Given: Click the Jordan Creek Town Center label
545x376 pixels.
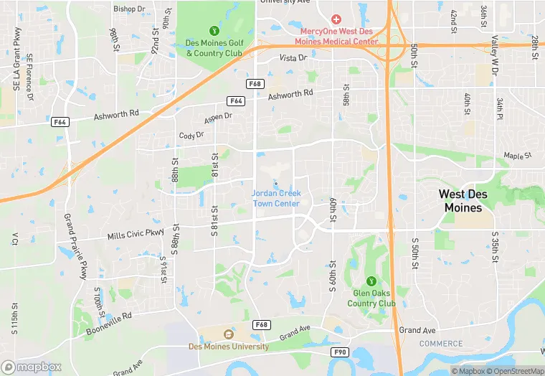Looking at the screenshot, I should pos(276,198).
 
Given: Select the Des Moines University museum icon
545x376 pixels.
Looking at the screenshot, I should pos(229,334).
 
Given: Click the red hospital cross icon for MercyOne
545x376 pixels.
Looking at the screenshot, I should pos(336,19).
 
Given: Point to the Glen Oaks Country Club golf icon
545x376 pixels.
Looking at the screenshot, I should pos(371,281).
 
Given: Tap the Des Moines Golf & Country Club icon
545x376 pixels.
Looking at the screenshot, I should pos(214,30).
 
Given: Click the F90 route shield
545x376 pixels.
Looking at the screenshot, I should pos(339,352).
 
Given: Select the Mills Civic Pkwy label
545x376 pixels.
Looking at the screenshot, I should pos(135,235).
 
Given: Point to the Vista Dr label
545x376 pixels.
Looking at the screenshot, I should pos(293,57).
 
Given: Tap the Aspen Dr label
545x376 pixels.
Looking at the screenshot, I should pos(219,116).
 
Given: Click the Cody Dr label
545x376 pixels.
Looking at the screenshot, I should pos(191,135).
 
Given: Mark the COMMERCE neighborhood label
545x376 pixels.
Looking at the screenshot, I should pos(441,344).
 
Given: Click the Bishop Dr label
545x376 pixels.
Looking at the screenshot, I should pos(129,9).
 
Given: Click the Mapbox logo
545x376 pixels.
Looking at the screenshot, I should pos(32,367).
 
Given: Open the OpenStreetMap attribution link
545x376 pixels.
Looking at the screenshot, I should pos(513,371).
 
